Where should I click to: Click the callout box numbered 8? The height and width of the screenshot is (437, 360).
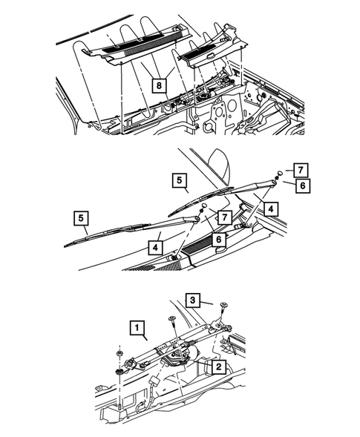[160, 85]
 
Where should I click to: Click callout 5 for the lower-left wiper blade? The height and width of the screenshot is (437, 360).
[82, 218]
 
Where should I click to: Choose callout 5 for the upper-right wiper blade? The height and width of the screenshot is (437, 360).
[179, 180]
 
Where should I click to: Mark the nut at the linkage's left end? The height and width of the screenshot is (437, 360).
[120, 370]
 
